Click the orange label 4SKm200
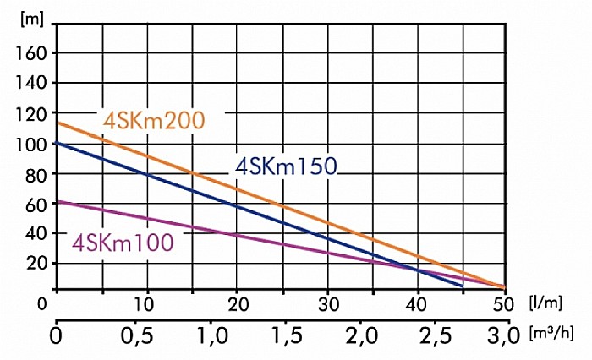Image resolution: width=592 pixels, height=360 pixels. pyautogui.click(x=154, y=120)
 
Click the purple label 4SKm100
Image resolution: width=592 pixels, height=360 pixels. pyautogui.click(x=123, y=242)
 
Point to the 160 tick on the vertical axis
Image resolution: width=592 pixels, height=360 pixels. pyautogui.click(x=31, y=52)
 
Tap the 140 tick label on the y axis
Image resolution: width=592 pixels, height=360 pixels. pyautogui.click(x=31, y=83)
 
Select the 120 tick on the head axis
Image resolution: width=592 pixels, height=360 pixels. pyautogui.click(x=31, y=113)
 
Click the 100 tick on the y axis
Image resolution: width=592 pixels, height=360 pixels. pyautogui.click(x=31, y=144)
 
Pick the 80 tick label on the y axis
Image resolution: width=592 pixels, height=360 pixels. pyautogui.click(x=36, y=174)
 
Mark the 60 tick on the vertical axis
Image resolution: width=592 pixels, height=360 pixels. pyautogui.click(x=36, y=204)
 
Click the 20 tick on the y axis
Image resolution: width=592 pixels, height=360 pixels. pyautogui.click(x=36, y=263)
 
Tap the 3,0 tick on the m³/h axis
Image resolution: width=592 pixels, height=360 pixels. pyautogui.click(x=504, y=340)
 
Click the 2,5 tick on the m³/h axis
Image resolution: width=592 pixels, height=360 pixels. pyautogui.click(x=430, y=340)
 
